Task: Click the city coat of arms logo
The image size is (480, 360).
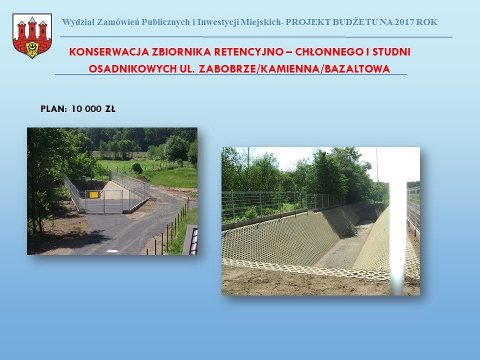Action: click(x=32, y=36)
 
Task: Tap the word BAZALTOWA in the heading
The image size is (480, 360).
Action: click(x=357, y=69)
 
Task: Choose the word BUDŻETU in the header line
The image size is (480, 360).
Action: click(x=355, y=22)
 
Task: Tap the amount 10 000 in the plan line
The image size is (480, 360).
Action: click(x=86, y=109)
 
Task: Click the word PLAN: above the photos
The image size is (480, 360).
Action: click(x=54, y=109)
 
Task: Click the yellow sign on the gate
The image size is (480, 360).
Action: click(x=93, y=194)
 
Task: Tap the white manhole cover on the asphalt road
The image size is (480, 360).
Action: click(x=112, y=251)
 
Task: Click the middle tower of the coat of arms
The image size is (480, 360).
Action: click(x=32, y=28)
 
